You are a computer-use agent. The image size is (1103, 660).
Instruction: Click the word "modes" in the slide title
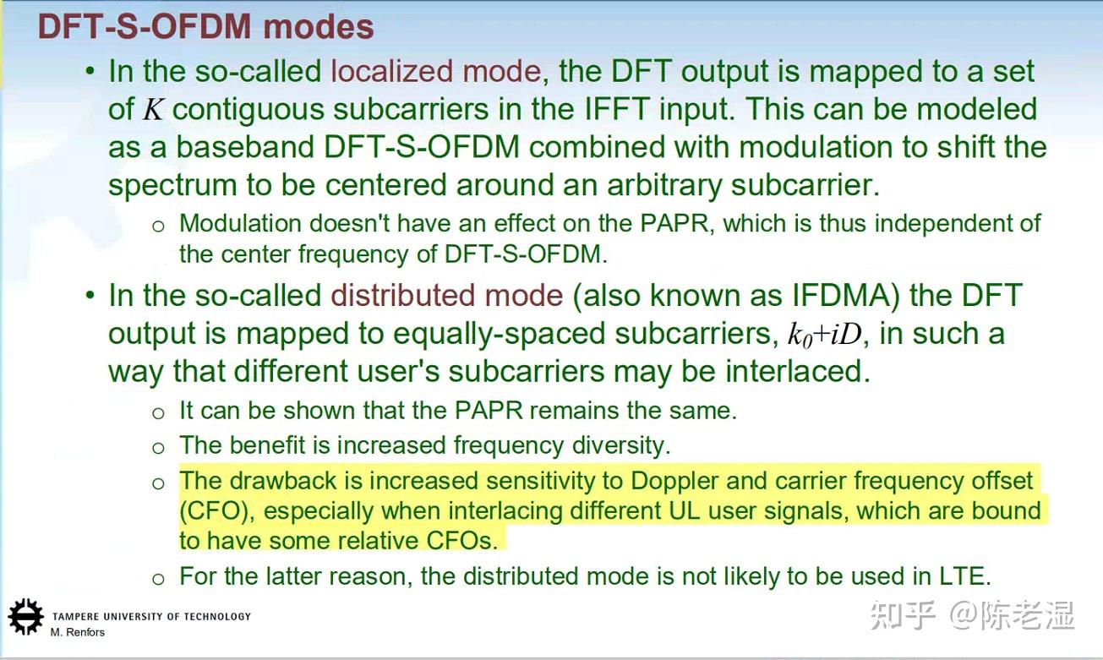coord(319,26)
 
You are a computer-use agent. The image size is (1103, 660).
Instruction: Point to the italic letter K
coord(153,109)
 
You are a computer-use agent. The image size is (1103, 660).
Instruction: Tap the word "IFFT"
coord(616,109)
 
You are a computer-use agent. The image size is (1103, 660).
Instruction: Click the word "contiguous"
coord(248,110)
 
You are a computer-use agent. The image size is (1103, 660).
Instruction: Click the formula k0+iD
coord(825,335)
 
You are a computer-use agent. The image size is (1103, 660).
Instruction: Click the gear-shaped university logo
coord(25,617)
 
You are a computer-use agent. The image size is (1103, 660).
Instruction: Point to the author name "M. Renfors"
coord(77,632)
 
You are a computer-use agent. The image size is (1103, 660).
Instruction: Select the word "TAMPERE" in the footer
coord(71,617)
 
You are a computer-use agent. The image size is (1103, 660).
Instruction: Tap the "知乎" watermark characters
coord(903,615)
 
